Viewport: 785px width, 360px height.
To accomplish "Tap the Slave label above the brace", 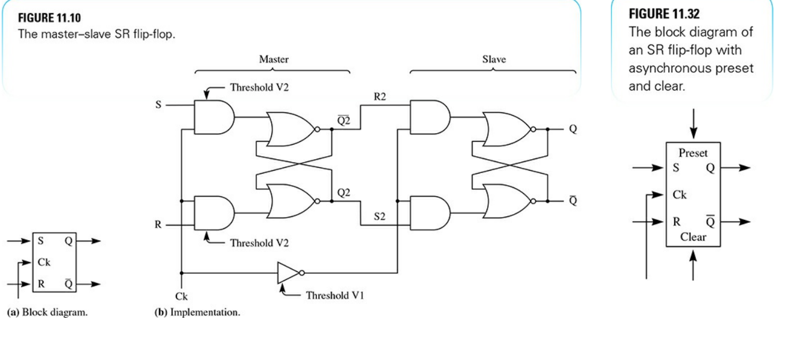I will (x=492, y=59).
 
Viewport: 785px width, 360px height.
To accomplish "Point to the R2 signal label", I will (x=380, y=97).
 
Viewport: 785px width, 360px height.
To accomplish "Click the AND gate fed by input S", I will (x=213, y=117).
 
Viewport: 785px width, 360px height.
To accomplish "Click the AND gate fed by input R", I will (x=213, y=212).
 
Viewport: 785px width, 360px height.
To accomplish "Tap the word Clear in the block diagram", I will (x=692, y=237).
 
